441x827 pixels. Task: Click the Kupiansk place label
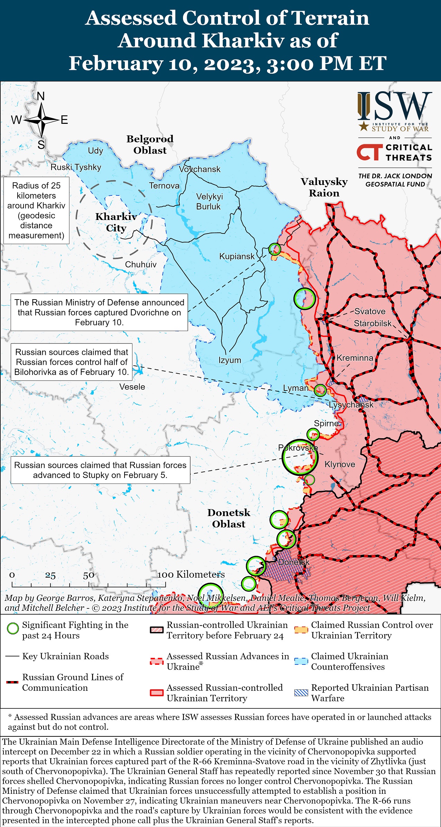(x=237, y=257)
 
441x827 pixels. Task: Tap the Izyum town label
(x=230, y=360)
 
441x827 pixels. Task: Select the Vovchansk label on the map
(x=200, y=169)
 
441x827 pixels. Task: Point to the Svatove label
(x=370, y=311)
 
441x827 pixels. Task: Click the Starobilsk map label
(x=373, y=323)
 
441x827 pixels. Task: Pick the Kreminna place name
(x=355, y=358)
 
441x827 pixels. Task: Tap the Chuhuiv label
(x=141, y=265)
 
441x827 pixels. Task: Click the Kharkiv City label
(x=116, y=222)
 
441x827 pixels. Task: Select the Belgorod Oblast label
(x=150, y=145)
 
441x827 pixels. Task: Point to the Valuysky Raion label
(x=324, y=187)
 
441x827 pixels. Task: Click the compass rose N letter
(x=41, y=96)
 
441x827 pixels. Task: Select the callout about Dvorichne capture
(x=99, y=312)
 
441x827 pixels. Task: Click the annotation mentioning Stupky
(x=100, y=470)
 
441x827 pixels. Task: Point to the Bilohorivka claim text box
(x=72, y=362)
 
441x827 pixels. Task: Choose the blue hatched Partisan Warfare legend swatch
(x=301, y=692)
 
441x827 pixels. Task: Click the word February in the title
(x=116, y=64)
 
